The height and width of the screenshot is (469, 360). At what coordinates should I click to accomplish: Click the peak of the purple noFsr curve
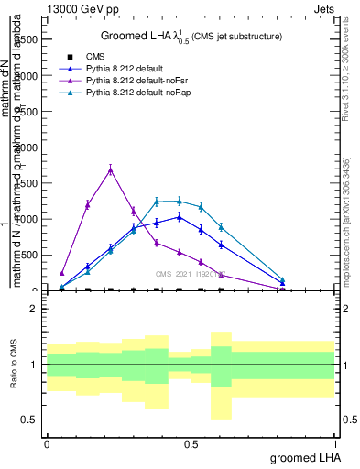tap(110, 169)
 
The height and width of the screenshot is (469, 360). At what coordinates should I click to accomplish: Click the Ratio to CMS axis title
tap(14, 365)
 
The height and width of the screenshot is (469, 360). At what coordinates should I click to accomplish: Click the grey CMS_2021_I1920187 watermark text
tap(190, 273)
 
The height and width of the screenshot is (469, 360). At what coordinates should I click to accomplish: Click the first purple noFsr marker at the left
tap(61, 273)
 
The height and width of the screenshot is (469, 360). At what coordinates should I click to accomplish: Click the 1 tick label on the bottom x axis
tap(334, 443)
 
